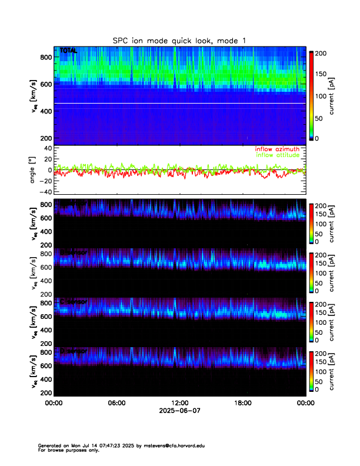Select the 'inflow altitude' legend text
point(278,155)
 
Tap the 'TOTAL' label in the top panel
point(68,51)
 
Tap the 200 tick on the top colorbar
point(321,53)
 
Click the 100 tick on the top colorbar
point(321,95)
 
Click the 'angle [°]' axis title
point(34,169)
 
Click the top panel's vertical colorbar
point(311,95)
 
